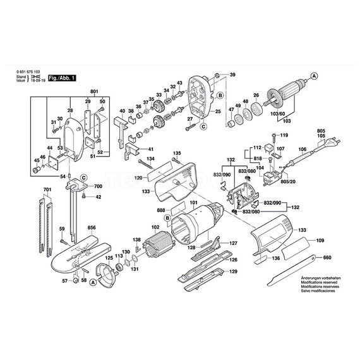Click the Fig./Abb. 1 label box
pos(63,76)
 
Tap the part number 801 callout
pos(95,92)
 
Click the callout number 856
pos(92,227)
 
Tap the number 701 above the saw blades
pos(47,189)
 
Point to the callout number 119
pos(284,136)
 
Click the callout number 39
pos(232,75)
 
